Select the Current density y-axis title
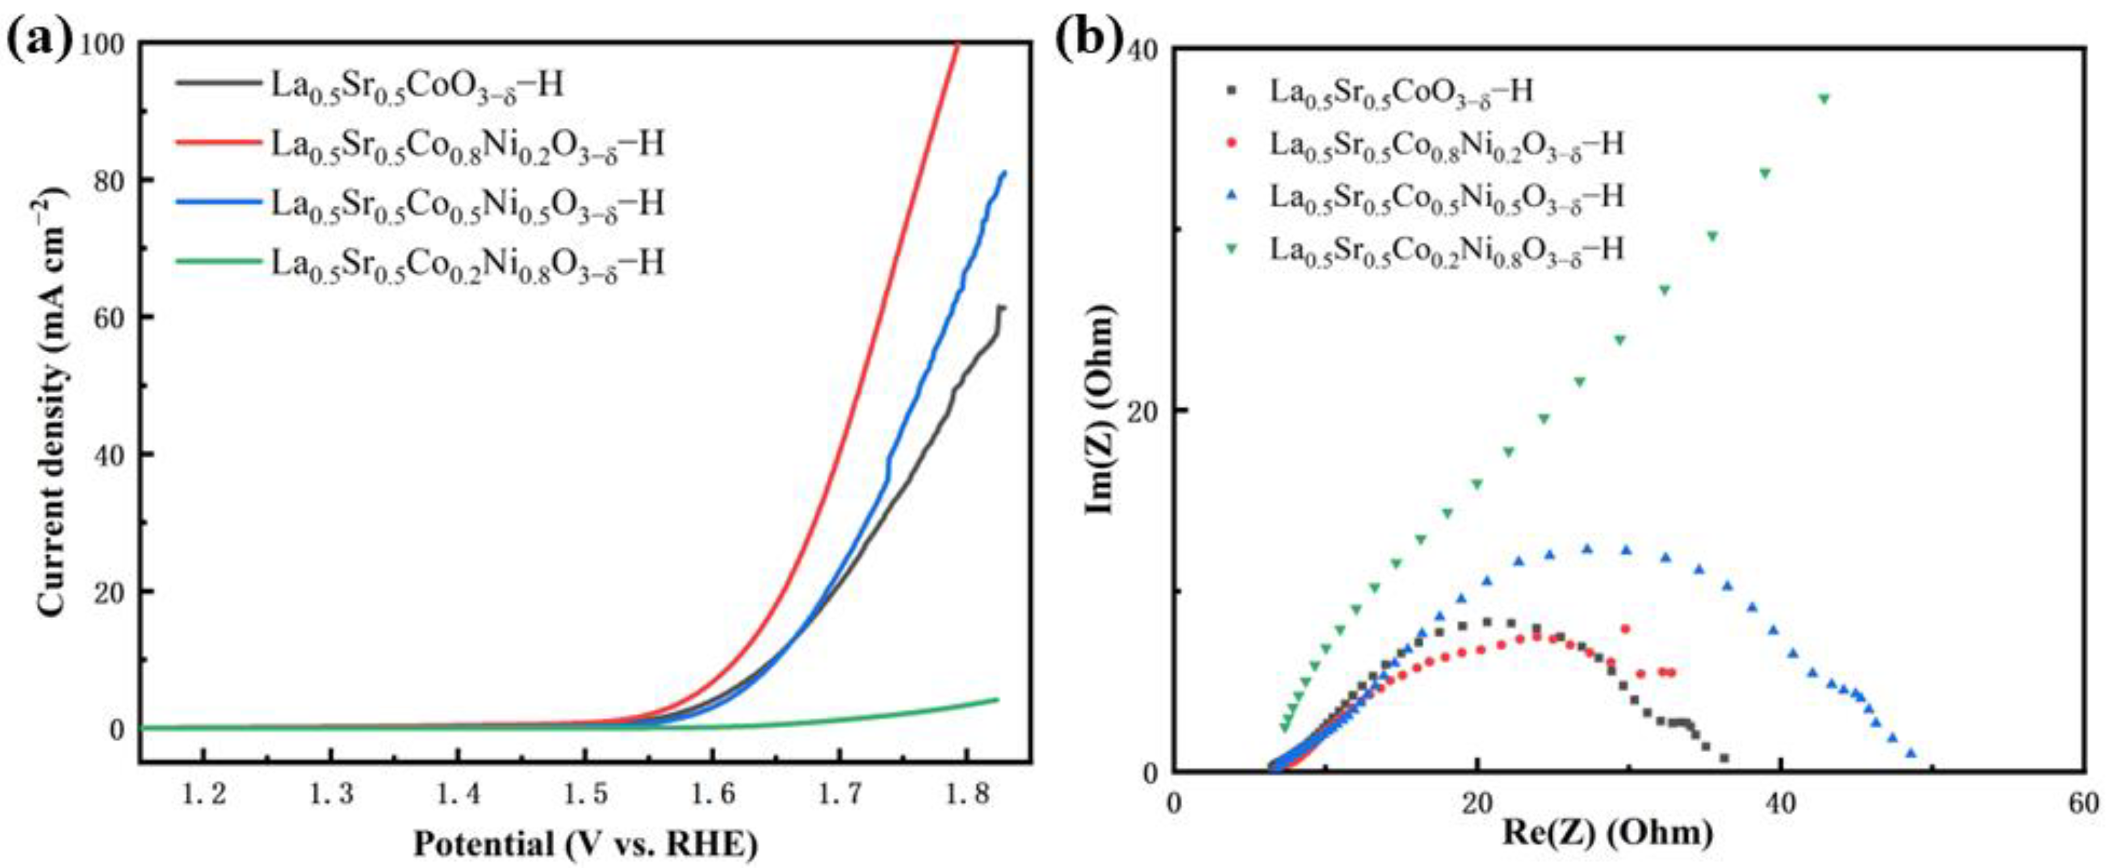pyautogui.click(x=51, y=401)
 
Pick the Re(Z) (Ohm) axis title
pyautogui.click(x=1607, y=833)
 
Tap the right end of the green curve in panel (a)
pyautogui.click(x=998, y=699)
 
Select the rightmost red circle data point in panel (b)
pyautogui.click(x=1671, y=673)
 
